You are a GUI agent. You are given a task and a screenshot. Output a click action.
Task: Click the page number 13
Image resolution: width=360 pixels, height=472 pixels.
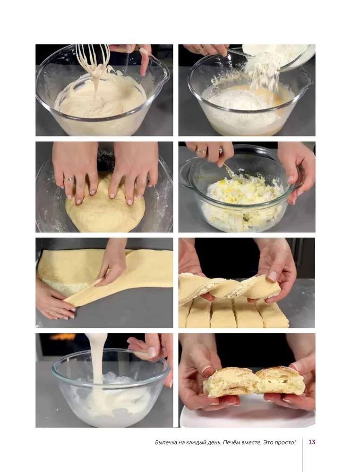(x=312, y=442)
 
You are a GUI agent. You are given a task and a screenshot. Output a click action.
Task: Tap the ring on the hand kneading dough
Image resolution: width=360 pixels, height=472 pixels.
(x=69, y=179)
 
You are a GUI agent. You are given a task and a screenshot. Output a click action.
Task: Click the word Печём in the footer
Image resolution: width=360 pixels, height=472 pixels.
(x=222, y=442)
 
